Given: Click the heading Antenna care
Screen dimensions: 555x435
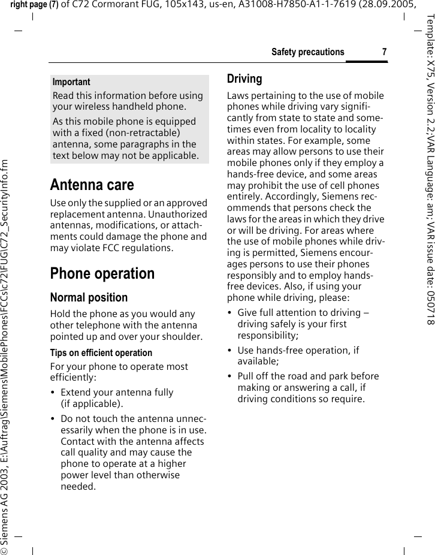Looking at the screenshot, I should (x=92, y=185).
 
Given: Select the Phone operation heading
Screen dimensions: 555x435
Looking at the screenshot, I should (x=102, y=257).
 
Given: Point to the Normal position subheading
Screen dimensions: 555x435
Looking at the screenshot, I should (x=89, y=280).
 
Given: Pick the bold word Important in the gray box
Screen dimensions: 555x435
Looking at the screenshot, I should (x=71, y=82).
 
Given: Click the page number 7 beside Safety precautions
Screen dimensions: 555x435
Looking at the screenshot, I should (x=383, y=52).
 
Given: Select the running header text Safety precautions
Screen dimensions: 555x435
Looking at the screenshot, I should (x=307, y=52).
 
